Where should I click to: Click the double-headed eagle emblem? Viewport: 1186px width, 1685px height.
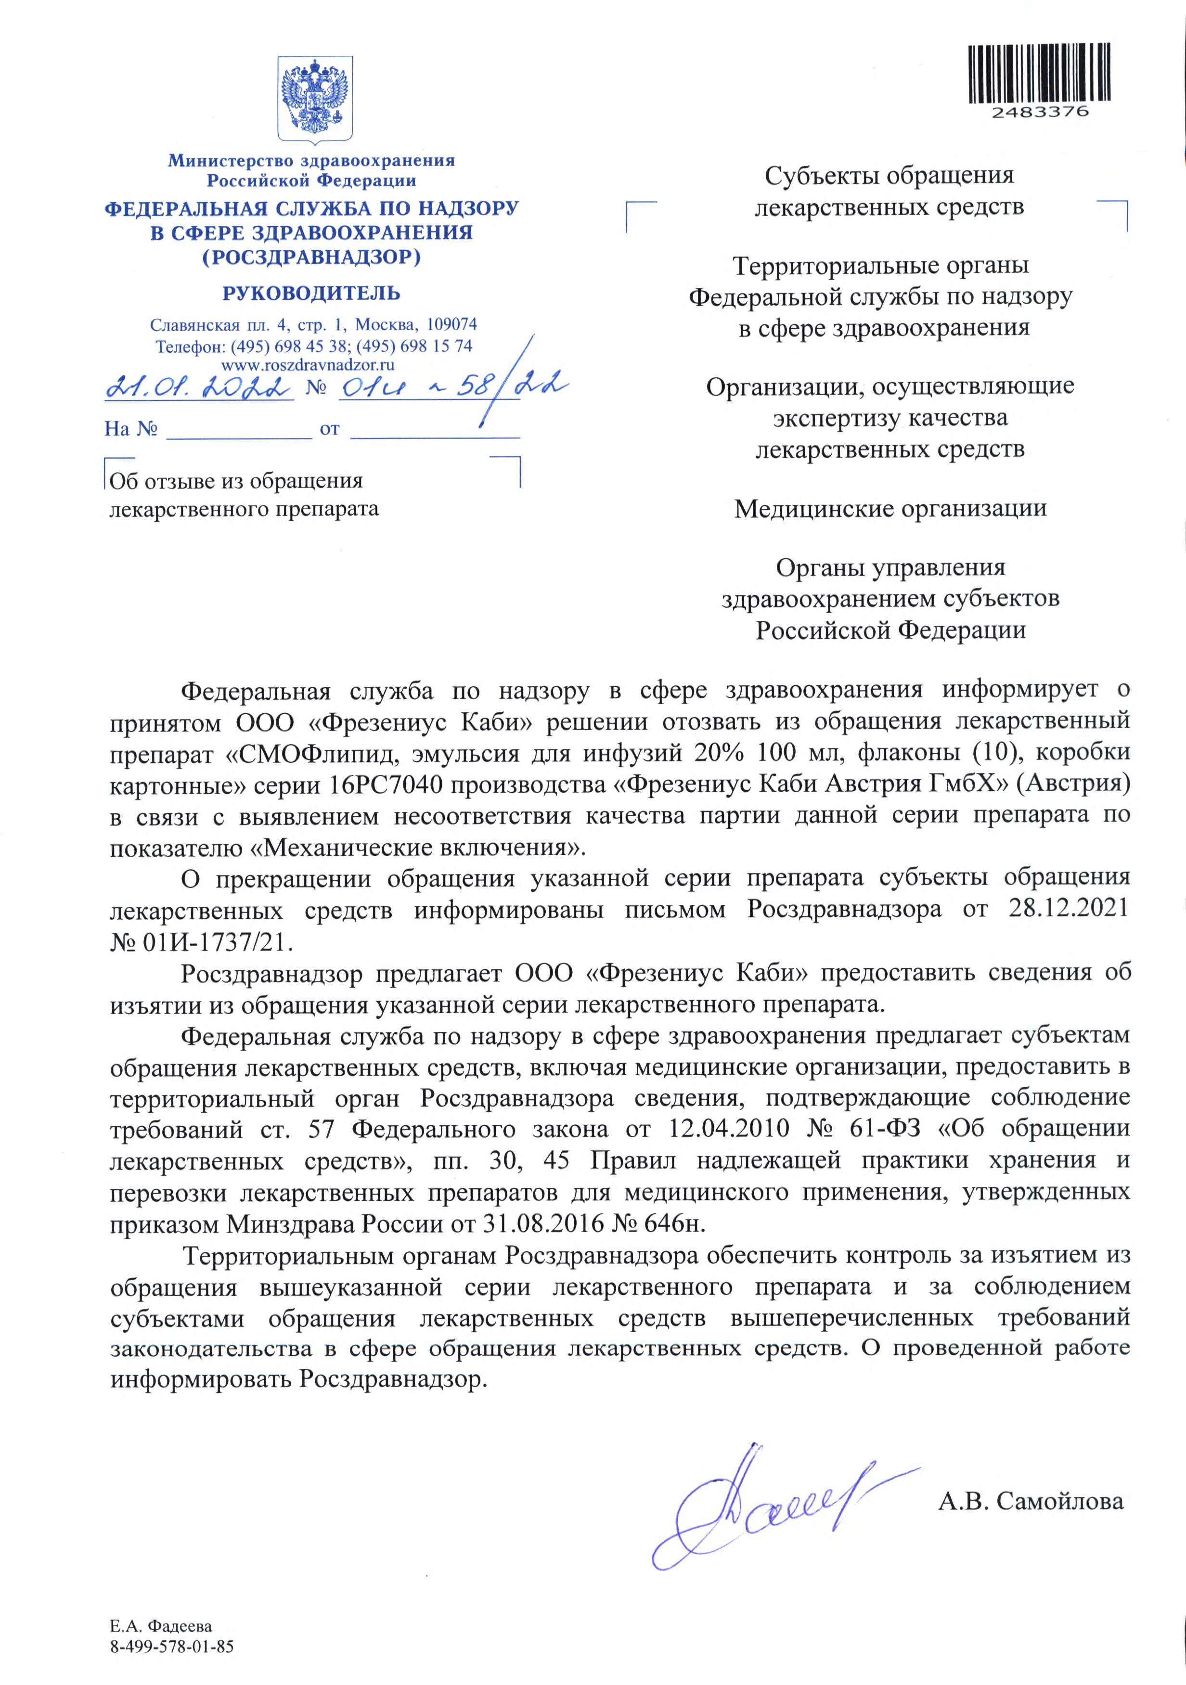[315, 99]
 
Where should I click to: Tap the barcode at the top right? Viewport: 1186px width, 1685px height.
[1039, 73]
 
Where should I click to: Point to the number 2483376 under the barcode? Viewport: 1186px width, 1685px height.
[1039, 112]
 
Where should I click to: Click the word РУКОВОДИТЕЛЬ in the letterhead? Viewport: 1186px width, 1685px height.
[311, 294]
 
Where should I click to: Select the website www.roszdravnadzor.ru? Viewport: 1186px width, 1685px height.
[308, 364]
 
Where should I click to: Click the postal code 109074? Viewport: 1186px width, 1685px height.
[452, 324]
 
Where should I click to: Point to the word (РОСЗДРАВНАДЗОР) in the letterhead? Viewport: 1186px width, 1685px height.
[311, 257]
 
